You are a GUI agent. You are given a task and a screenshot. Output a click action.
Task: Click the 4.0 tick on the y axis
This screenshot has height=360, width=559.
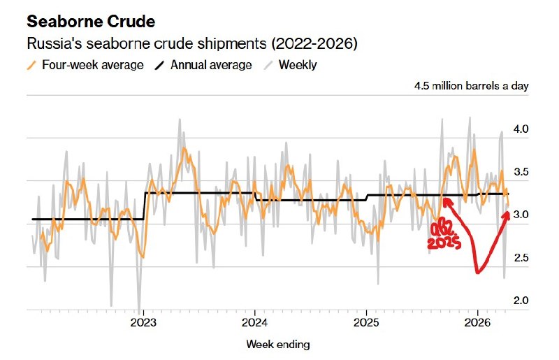click(x=521, y=129)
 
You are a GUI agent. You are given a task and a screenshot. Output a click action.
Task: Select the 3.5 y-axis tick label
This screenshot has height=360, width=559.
click(x=521, y=172)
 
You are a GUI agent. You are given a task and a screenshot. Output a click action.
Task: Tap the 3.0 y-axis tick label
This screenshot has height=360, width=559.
click(x=521, y=215)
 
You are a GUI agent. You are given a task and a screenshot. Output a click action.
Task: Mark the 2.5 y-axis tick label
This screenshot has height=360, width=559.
click(x=521, y=258)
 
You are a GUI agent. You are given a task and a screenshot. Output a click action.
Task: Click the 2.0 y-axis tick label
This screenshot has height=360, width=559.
click(x=521, y=301)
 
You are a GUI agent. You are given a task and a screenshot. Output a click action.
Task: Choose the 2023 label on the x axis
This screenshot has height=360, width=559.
click(x=143, y=323)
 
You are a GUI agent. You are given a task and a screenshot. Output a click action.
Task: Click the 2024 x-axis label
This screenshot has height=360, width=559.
click(x=254, y=323)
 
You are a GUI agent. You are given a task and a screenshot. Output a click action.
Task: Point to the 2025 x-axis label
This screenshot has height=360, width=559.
click(x=366, y=323)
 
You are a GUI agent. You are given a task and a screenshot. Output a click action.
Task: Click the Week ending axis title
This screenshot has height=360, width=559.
click(x=277, y=344)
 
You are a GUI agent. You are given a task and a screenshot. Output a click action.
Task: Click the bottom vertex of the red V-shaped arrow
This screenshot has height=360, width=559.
click(x=478, y=272)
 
